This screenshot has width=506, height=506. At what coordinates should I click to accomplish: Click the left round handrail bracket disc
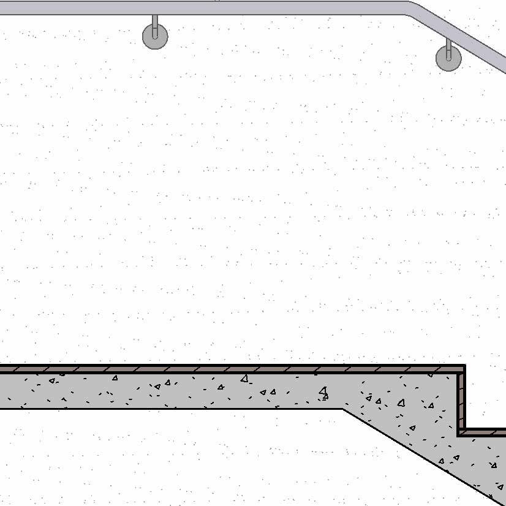155,36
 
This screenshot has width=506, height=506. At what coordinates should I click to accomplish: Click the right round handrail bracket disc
448,58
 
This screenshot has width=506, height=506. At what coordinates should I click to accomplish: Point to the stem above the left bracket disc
155,23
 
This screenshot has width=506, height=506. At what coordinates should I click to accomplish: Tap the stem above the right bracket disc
448,45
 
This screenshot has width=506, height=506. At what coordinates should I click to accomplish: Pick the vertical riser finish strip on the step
461,401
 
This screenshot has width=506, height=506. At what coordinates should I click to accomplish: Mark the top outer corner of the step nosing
464,366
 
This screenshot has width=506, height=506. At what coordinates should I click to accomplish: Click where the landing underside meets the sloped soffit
343,409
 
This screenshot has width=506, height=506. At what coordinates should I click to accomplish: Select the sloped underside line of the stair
417,453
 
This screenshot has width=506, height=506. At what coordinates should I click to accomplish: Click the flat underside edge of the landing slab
184,409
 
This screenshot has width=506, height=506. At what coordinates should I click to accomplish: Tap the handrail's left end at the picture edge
2,8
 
